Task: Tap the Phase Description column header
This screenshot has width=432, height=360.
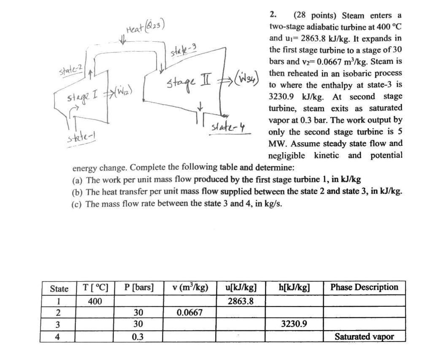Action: pos(364,287)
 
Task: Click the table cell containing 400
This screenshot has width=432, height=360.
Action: pos(94,301)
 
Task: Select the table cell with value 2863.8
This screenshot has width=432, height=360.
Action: pos(240,301)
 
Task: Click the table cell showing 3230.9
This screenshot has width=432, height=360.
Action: pos(294,325)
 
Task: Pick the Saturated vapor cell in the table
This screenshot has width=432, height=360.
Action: pos(364,336)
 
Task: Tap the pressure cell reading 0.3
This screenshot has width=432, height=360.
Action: pos(137,337)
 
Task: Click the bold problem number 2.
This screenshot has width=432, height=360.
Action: pos(273,15)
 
